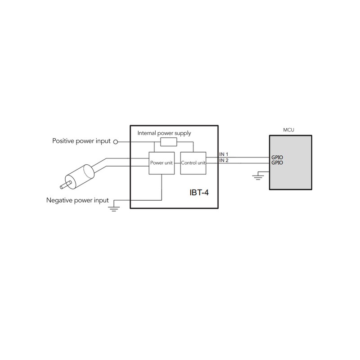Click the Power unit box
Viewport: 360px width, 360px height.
(x=161, y=162)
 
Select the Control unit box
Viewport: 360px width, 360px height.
(x=193, y=162)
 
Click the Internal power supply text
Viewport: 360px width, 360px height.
(x=164, y=133)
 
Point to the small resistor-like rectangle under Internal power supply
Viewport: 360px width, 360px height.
(x=169, y=142)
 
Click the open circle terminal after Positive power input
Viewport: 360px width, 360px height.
(x=115, y=142)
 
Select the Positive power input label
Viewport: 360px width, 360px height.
(x=81, y=141)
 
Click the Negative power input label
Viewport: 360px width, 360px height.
(x=77, y=199)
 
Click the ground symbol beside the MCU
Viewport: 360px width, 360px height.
(x=258, y=176)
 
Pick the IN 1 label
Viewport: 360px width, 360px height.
(x=224, y=154)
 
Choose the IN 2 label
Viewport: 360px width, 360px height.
(x=224, y=160)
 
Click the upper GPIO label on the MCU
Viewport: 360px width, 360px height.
(x=277, y=157)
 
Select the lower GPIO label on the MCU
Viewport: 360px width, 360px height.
(x=277, y=162)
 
